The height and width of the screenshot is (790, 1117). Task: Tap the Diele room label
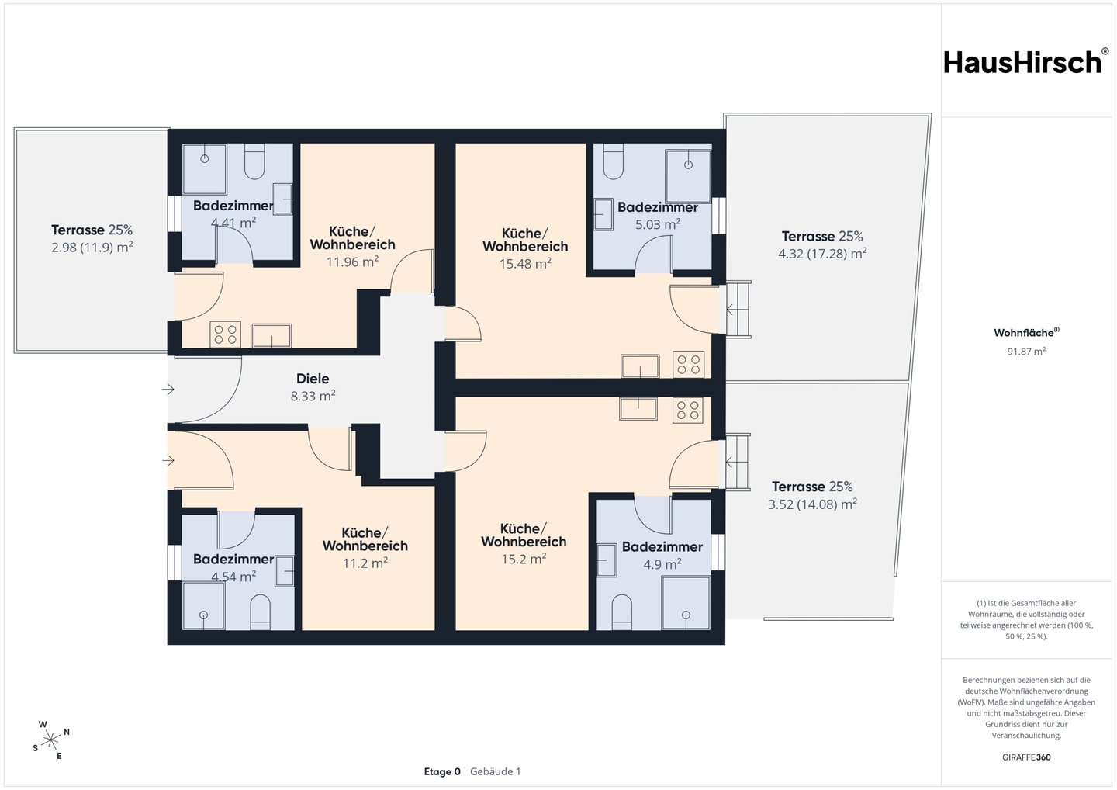pyautogui.click(x=313, y=379)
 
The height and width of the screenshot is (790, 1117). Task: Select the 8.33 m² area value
pyautogui.click(x=313, y=396)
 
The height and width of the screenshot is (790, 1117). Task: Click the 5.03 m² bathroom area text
pyautogui.click(x=658, y=224)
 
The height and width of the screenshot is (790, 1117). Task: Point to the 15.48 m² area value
pyautogui.click(x=525, y=263)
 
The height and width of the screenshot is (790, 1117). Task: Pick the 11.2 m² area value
pyautogui.click(x=365, y=563)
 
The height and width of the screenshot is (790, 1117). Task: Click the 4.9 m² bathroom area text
pyautogui.click(x=662, y=564)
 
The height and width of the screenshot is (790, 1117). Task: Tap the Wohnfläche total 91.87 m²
pyautogui.click(x=1026, y=351)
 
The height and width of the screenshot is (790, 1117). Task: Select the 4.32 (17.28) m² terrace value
pyautogui.click(x=822, y=254)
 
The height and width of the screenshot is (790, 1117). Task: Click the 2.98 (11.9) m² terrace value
pyautogui.click(x=92, y=248)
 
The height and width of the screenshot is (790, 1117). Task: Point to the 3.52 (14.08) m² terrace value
pyautogui.click(x=812, y=504)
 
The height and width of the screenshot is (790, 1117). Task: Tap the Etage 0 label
pyautogui.click(x=442, y=771)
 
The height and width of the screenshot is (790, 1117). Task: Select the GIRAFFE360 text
pyautogui.click(x=1026, y=757)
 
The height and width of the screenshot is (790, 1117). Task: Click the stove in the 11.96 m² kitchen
pyautogui.click(x=226, y=334)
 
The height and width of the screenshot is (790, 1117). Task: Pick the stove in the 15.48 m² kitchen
pyautogui.click(x=689, y=364)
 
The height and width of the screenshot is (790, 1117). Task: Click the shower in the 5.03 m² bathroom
pyautogui.click(x=688, y=177)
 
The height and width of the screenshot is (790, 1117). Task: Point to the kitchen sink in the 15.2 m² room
pyautogui.click(x=638, y=408)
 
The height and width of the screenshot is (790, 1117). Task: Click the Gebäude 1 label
pyautogui.click(x=495, y=771)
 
